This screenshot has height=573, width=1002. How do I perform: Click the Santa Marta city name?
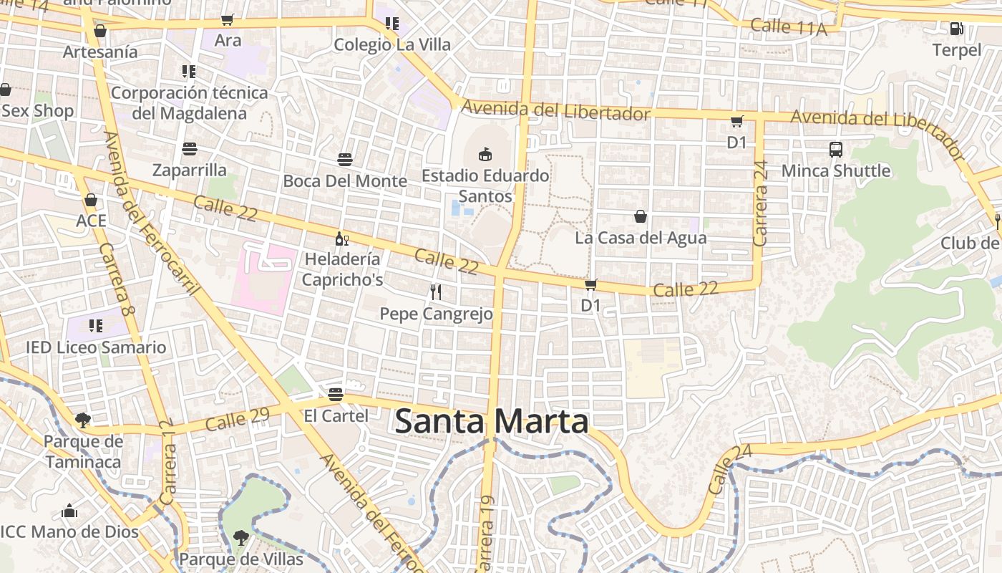tap(492, 421)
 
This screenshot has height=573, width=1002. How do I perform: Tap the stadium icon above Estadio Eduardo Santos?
tap(485, 153)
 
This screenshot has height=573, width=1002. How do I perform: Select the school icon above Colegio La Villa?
tap(391, 24)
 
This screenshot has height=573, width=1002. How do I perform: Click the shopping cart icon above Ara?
tap(228, 20)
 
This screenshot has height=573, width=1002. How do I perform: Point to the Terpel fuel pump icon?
tap(956, 29)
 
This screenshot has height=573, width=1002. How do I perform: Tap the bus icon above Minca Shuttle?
tap(836, 150)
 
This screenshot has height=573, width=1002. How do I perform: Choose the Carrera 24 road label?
tap(761, 203)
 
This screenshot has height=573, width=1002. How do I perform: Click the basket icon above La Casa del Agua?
tap(641, 216)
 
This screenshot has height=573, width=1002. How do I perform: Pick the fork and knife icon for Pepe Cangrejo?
tap(436, 292)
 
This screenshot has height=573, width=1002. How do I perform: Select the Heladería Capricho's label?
tap(342, 269)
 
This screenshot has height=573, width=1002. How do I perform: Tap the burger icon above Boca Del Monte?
tap(345, 159)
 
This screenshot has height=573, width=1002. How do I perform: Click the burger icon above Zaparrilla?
tap(190, 149)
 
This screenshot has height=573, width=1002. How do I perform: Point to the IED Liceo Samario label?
tap(96, 347)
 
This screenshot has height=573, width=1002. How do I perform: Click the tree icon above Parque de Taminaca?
tap(83, 420)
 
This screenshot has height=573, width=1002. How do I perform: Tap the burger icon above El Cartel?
tap(336, 394)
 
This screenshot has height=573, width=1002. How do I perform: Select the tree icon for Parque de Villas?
tap(241, 537)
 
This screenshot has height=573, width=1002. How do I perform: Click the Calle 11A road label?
tap(789, 28)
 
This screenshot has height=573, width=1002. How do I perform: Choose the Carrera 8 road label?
tap(117, 280)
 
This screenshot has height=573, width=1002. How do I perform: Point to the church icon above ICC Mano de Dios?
tap(69, 511)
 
